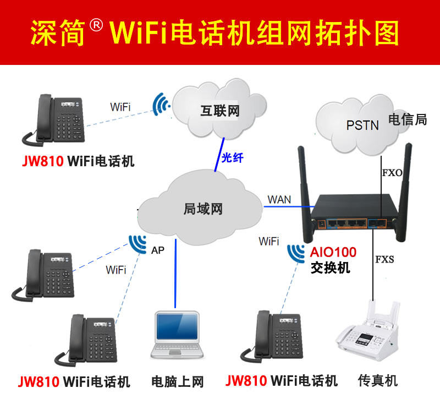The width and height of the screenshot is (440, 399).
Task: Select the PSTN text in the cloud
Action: click(362, 125)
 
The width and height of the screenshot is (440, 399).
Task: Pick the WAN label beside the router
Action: click(279, 199)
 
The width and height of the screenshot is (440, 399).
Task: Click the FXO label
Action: click(392, 173)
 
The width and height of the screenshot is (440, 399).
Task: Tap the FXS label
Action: click(384, 259)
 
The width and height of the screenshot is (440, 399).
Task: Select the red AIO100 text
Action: click(333, 253)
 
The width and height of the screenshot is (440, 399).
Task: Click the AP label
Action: click(158, 250)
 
